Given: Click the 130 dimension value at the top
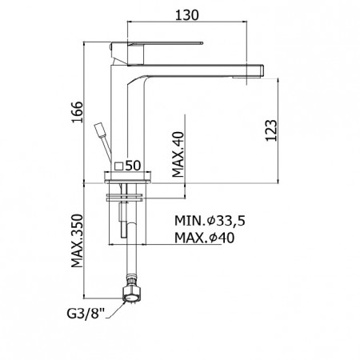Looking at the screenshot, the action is click(186, 15).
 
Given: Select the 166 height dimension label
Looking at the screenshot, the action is click(78, 112).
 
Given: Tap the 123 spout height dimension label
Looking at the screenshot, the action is click(271, 130).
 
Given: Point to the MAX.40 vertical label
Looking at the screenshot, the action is click(178, 154).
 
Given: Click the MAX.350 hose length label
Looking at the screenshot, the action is click(78, 241).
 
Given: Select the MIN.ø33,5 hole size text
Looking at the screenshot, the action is click(210, 221).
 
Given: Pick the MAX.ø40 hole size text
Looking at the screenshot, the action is click(204, 238).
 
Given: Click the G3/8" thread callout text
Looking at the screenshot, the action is click(86, 314).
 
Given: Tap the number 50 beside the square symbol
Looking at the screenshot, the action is click(133, 166).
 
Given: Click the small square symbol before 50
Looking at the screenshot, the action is click(118, 166).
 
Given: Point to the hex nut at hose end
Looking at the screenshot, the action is click(131, 294).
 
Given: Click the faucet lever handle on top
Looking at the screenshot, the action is click(157, 53).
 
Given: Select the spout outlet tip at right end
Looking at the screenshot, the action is click(255, 71).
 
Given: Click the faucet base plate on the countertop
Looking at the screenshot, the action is click(127, 178).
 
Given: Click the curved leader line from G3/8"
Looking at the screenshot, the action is click(116, 310).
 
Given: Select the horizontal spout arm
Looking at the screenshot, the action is click(195, 71).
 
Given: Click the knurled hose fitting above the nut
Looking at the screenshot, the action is click(131, 281).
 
